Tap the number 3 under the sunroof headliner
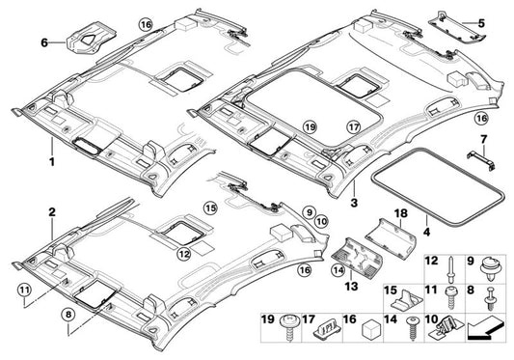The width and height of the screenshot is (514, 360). [x=355, y=205]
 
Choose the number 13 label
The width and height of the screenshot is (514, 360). [x=349, y=286]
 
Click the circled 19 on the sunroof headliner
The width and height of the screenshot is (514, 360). [x=310, y=126]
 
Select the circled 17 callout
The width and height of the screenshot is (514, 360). [x=353, y=125]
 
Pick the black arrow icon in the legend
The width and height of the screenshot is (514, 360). [x=485, y=337]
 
